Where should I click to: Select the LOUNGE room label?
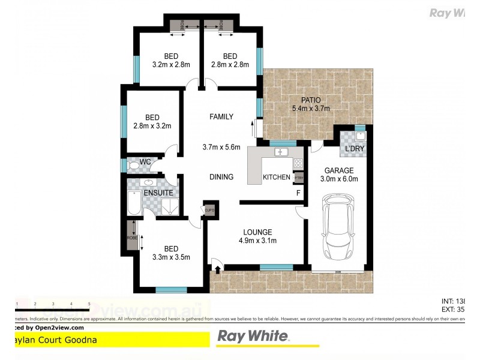click(257, 232)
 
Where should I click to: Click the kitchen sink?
click(281, 153)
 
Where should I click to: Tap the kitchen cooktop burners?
click(298, 163)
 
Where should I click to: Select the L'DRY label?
click(353, 149)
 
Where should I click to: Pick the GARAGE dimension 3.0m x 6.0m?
click(340, 179)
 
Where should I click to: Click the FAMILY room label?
click(221, 117)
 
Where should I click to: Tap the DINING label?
click(221, 177)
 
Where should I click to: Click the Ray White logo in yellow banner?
click(253, 337)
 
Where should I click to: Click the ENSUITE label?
click(158, 193)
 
